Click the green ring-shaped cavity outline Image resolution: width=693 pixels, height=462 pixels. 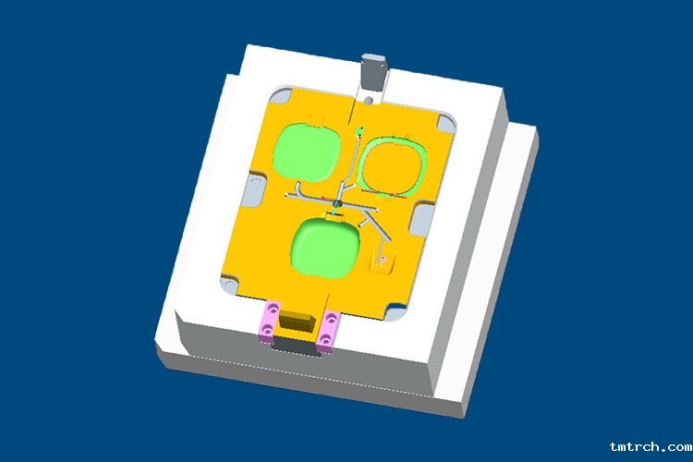click(x=392, y=167)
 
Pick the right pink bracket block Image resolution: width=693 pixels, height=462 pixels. click(x=328, y=333)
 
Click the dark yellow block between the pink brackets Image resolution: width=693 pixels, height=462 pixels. click(x=298, y=322)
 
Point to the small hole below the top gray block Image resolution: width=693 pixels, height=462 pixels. click(x=369, y=96)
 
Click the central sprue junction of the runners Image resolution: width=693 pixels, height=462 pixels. click(x=338, y=203)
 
